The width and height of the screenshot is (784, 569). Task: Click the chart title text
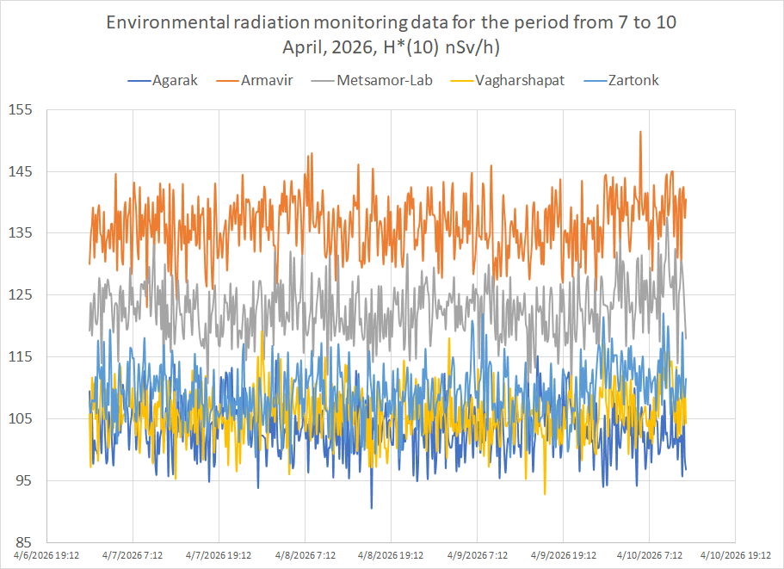(x=392, y=34)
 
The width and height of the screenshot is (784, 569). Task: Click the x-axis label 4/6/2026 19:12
(x=51, y=556)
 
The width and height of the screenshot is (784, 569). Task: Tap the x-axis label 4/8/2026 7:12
(x=304, y=556)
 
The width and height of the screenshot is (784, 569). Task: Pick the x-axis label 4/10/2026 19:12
(x=733, y=556)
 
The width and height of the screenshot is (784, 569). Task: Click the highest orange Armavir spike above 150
(x=640, y=132)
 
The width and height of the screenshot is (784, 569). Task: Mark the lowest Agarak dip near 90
(x=372, y=508)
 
